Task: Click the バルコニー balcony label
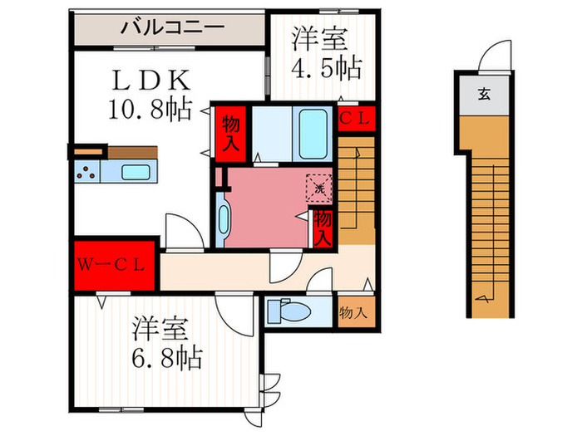tap(172, 27)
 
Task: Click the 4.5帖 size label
tap(328, 67)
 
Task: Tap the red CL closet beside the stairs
tap(355, 119)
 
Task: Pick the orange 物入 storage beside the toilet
tap(355, 313)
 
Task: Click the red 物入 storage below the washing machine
tap(323, 227)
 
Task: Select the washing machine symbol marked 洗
tap(319, 188)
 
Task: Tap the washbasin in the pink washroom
tap(223, 221)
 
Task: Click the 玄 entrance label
tap(483, 93)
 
